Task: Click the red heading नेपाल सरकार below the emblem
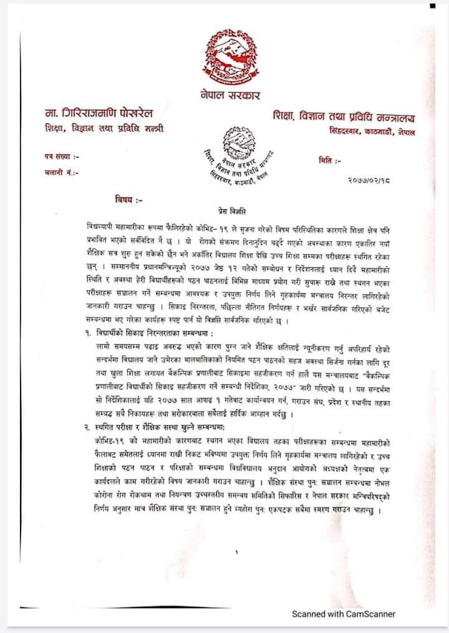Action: coord(230,96)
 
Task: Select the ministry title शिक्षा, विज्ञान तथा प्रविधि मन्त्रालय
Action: coord(344,117)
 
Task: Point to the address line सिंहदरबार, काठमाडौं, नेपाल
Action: coord(372,132)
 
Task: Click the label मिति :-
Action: coord(329,161)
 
